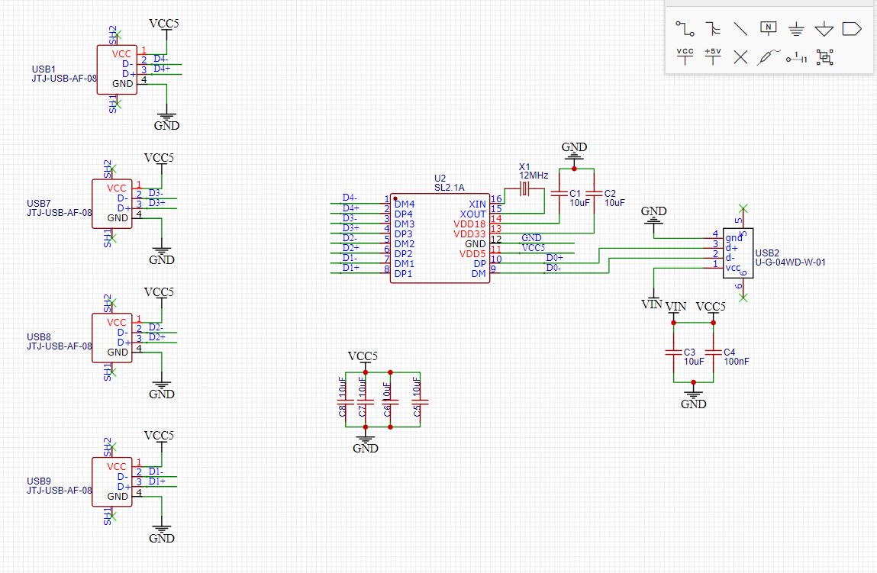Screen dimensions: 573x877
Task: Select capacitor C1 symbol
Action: (x=560, y=194)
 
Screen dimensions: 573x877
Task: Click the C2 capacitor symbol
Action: (x=594, y=194)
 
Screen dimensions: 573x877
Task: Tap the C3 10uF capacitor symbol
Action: (x=673, y=352)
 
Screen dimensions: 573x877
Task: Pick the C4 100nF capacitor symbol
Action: (x=713, y=352)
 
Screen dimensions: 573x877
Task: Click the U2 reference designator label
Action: (x=440, y=178)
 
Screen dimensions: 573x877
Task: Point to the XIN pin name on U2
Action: (x=477, y=204)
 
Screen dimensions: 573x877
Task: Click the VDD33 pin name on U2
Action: (x=469, y=233)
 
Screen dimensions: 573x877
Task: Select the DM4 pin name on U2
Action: (x=404, y=204)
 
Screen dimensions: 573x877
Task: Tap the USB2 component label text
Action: (x=766, y=253)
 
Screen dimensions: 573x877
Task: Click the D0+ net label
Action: (x=555, y=258)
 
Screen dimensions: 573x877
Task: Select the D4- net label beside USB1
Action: (x=161, y=59)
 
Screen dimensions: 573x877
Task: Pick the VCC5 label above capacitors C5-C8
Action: (x=363, y=356)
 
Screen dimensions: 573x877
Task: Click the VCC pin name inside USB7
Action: (x=117, y=188)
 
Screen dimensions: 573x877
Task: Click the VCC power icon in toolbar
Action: (x=685, y=56)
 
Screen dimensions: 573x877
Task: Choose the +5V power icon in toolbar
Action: (x=712, y=56)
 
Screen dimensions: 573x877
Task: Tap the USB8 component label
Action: (x=39, y=336)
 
